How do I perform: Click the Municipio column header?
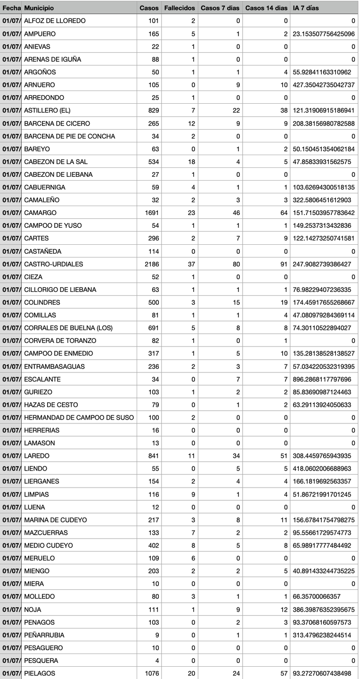(x=39, y=8)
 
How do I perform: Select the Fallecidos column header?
(x=179, y=8)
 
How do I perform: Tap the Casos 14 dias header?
(x=266, y=8)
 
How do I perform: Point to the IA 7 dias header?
(x=305, y=8)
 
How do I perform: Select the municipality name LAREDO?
(x=37, y=456)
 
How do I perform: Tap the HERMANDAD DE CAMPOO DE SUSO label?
(x=79, y=417)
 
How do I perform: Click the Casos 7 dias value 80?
(x=236, y=264)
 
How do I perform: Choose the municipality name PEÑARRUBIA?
(x=44, y=635)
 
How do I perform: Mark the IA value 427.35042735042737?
(x=323, y=85)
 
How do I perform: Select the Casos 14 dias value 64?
(x=283, y=213)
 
